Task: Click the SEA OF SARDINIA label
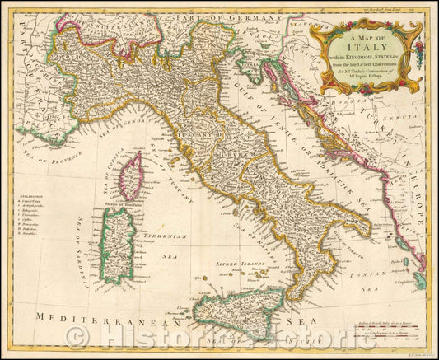[x=82, y=239]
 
